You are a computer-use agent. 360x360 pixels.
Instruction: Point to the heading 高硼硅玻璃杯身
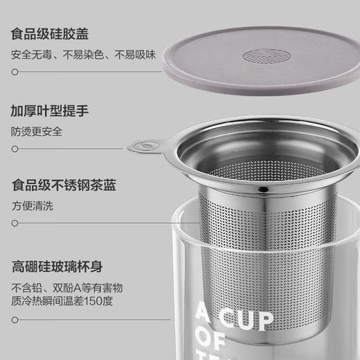pos(55,265)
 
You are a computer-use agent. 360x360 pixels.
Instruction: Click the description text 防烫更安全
pos(36,131)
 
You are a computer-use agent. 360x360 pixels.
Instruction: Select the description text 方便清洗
pos(31,206)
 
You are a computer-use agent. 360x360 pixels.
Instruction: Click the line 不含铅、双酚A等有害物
pos(66,287)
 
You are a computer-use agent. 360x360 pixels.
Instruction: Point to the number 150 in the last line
pos(102,301)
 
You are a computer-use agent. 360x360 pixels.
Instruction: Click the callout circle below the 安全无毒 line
pos(15,71)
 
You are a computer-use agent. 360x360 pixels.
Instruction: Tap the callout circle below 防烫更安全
pos(15,147)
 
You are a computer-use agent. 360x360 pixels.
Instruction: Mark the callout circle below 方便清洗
pos(15,223)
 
